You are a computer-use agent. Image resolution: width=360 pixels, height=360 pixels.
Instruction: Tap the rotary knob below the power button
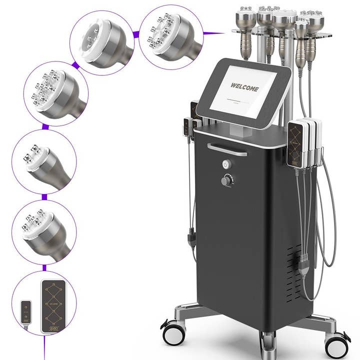pos(227,180)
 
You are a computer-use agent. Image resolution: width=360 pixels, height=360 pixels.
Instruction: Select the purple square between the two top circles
pos(135,34)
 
